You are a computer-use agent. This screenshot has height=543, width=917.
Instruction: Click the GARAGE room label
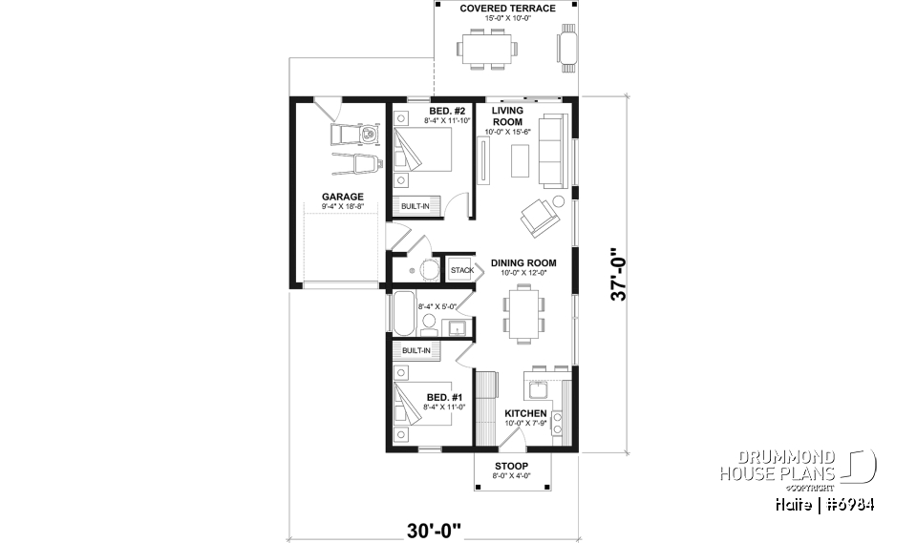click(x=341, y=197)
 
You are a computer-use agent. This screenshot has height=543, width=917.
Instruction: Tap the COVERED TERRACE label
click(x=494, y=9)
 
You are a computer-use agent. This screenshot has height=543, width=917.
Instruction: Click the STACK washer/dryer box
click(x=461, y=270)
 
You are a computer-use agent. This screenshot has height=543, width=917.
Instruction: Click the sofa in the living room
click(x=551, y=151)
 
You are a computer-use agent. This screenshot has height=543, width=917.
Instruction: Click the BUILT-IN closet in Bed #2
click(x=416, y=206)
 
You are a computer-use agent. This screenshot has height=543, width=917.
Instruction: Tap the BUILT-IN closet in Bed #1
click(x=416, y=351)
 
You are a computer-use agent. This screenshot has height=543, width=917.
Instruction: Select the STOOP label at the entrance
click(x=511, y=465)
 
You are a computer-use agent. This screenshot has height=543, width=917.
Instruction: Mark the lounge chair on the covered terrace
click(x=567, y=48)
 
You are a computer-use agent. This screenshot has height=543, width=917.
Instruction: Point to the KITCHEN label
click(x=525, y=413)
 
